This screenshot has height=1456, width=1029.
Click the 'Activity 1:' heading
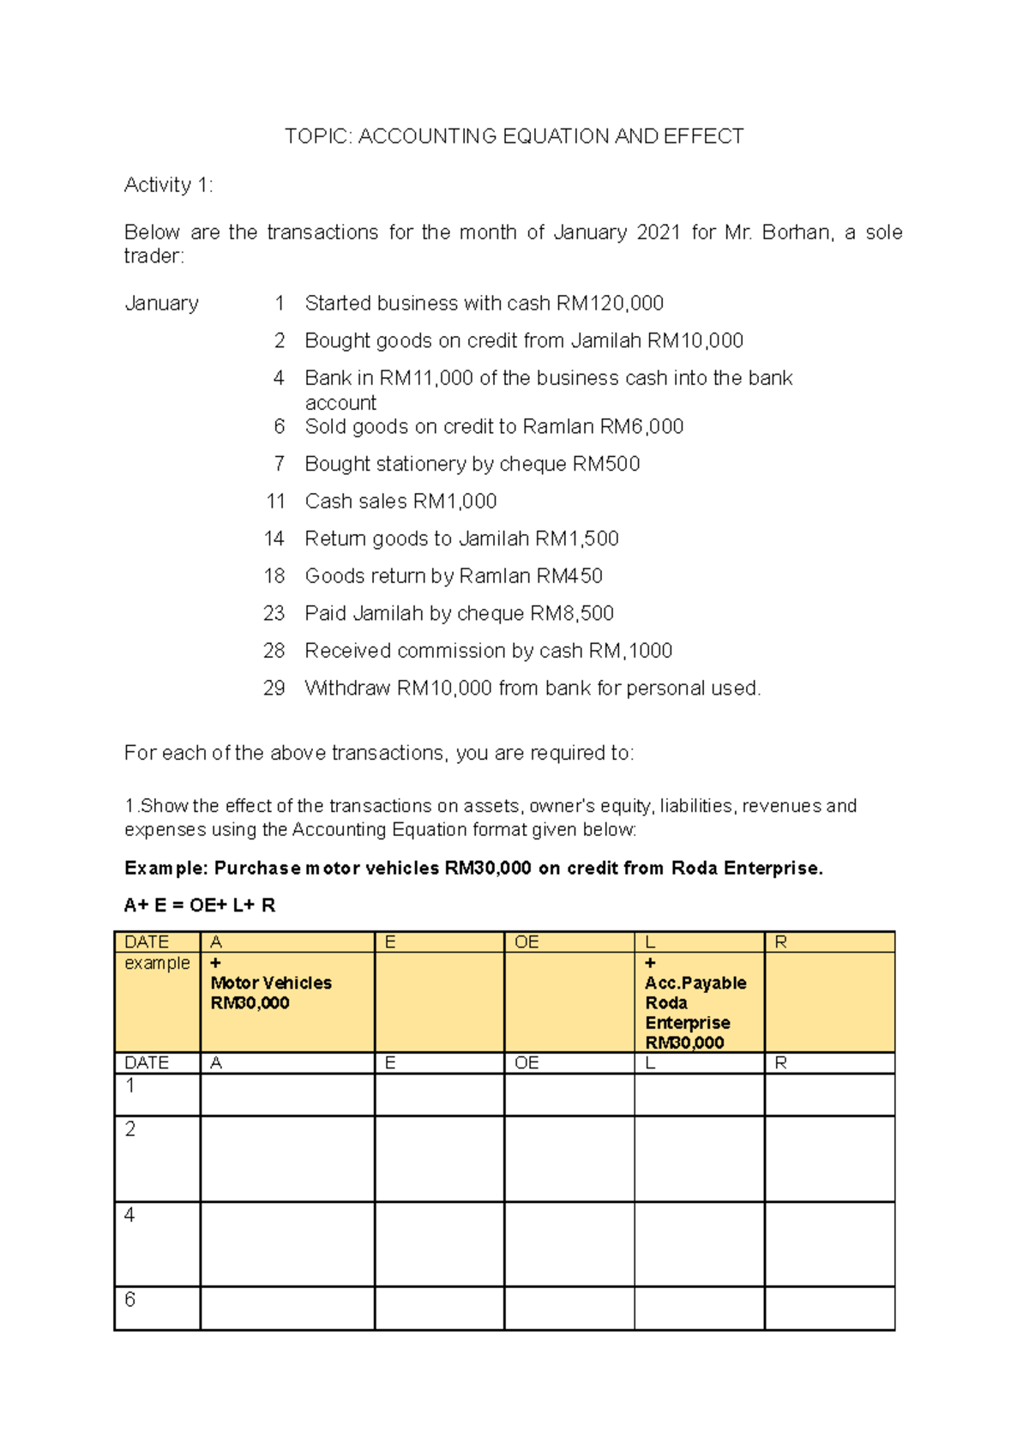(168, 184)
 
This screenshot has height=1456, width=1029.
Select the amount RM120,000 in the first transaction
(610, 304)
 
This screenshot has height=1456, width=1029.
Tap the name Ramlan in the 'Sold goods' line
(558, 427)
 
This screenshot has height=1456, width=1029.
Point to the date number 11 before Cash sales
(275, 502)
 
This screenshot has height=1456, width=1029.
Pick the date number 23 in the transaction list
(274, 613)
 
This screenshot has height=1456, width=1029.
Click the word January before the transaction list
(161, 304)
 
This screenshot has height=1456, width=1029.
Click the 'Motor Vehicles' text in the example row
(271, 983)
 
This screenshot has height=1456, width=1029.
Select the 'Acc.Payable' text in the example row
(695, 983)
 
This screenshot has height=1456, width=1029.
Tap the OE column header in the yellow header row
(526, 942)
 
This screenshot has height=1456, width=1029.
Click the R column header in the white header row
(780, 1063)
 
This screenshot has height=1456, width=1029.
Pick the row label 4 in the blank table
(129, 1214)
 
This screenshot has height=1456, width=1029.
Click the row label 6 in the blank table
(129, 1299)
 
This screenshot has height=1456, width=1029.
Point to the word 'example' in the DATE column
(157, 963)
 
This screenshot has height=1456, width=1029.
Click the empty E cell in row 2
(439, 1158)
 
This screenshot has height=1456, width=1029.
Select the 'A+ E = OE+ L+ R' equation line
(200, 905)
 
